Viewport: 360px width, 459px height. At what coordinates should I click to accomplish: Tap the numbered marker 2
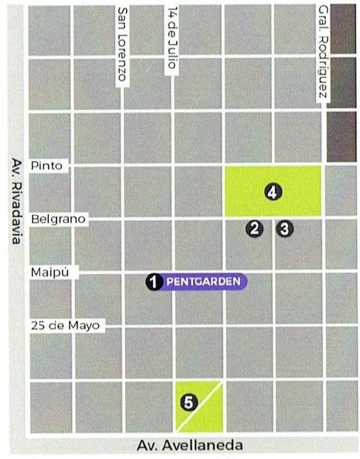pyautogui.click(x=254, y=228)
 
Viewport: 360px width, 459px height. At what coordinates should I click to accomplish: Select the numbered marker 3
pyautogui.click(x=284, y=228)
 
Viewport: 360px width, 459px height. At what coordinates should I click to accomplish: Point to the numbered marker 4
pyautogui.click(x=273, y=192)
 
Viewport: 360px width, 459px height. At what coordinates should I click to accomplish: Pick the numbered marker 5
pyautogui.click(x=188, y=403)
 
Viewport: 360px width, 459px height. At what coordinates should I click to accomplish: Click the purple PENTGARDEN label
pyautogui.click(x=203, y=281)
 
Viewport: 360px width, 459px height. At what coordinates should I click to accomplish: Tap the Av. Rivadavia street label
pyautogui.click(x=17, y=201)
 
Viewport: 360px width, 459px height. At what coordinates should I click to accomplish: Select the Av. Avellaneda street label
pyautogui.click(x=190, y=446)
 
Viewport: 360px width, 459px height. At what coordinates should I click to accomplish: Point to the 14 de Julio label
pyautogui.click(x=172, y=40)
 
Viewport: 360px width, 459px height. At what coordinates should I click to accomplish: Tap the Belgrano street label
pyautogui.click(x=58, y=219)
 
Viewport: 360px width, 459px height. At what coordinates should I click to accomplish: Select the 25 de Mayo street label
pyautogui.click(x=66, y=325)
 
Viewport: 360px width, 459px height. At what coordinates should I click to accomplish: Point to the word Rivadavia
pyautogui.click(x=17, y=211)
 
